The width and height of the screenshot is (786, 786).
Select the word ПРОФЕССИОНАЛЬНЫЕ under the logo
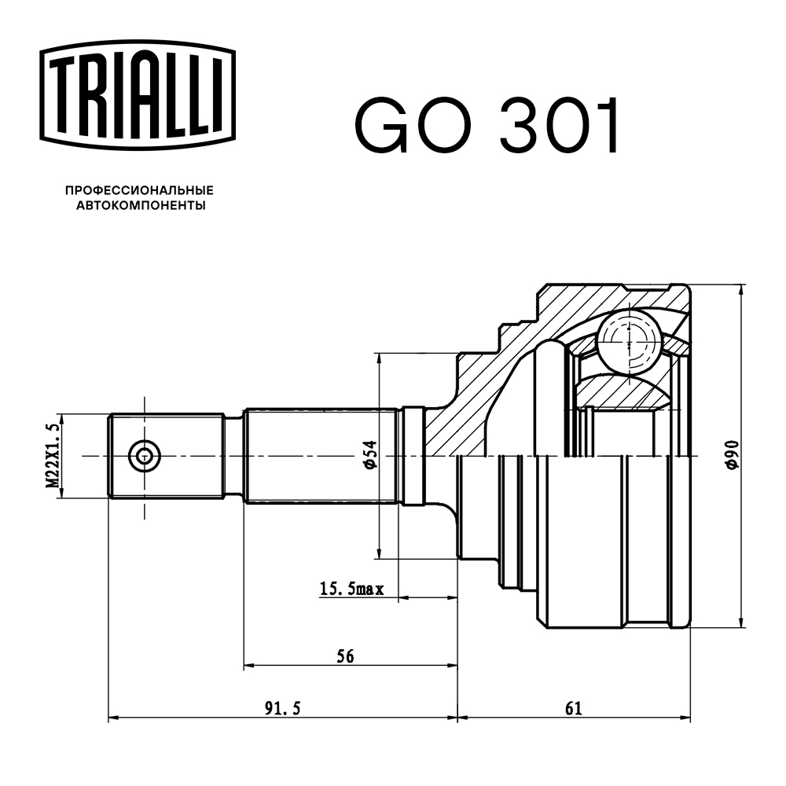click(x=139, y=191)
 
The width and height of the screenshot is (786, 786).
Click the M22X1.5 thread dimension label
click(x=53, y=456)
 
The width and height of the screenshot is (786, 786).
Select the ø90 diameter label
click(x=732, y=455)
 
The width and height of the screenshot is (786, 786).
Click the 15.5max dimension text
click(x=351, y=588)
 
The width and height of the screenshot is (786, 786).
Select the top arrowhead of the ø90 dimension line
click(x=741, y=288)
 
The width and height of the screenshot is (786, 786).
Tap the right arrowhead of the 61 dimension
click(x=686, y=718)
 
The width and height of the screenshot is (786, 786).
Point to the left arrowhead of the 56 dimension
click(x=249, y=665)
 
